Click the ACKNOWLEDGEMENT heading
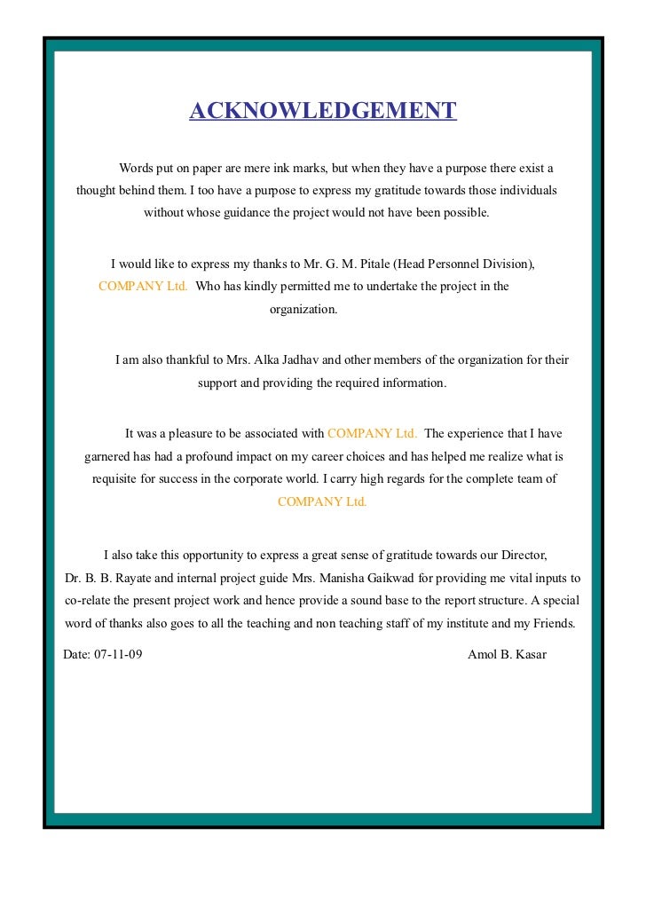[x=322, y=111]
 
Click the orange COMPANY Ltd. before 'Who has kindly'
[x=143, y=287]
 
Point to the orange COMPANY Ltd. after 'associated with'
[x=373, y=434]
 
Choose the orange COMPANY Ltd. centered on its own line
[x=322, y=501]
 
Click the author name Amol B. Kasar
[x=507, y=655]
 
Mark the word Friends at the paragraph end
[x=551, y=623]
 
